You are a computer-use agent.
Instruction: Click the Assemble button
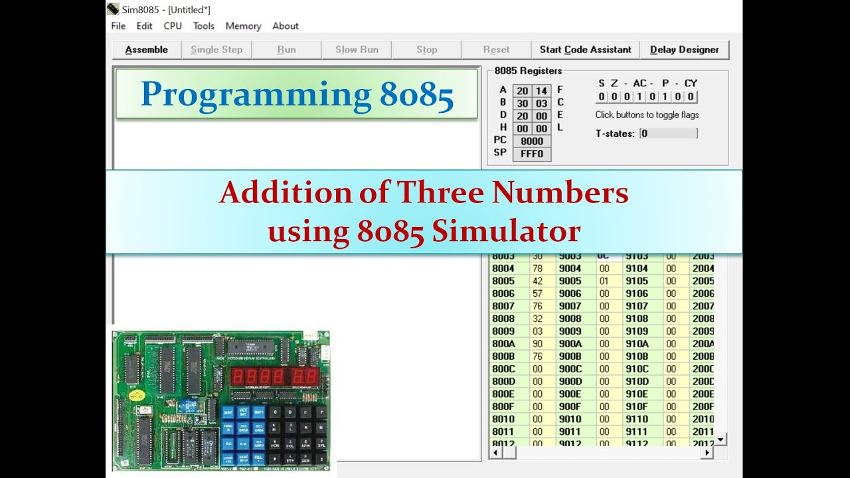(x=146, y=50)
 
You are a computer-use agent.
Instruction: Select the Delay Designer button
(x=684, y=50)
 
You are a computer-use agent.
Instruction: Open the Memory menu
(x=243, y=26)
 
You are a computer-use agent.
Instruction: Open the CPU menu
(x=173, y=26)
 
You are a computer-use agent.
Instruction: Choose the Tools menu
(x=204, y=26)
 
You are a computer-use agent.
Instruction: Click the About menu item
(x=286, y=26)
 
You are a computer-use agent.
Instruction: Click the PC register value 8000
(x=532, y=141)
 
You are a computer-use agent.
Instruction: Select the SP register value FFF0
(x=532, y=153)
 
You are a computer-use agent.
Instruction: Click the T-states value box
(x=669, y=133)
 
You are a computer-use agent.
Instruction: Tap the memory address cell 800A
(x=503, y=344)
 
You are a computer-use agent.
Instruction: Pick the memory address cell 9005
(x=570, y=281)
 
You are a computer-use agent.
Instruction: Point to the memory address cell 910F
(x=636, y=406)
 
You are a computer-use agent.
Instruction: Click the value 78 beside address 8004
(x=538, y=268)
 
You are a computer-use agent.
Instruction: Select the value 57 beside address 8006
(x=538, y=293)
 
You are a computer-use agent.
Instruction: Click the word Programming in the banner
(x=256, y=95)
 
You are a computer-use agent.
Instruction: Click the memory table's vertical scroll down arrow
(x=721, y=439)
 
